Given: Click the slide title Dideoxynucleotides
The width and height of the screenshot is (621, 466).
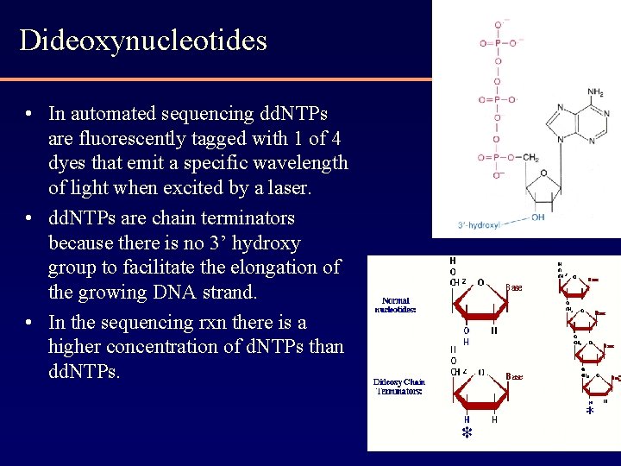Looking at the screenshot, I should tap(143, 41).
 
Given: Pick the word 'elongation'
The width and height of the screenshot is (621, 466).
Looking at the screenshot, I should tap(294, 268).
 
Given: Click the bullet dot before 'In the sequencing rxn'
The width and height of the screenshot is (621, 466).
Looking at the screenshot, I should tap(29, 323).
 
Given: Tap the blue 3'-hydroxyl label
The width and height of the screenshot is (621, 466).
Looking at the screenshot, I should tap(480, 225).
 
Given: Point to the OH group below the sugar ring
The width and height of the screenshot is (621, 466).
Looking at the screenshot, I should tap(538, 217).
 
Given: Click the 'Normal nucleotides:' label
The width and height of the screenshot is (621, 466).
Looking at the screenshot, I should tap(396, 305).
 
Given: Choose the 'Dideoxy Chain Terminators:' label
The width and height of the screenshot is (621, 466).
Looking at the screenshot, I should tap(398, 386).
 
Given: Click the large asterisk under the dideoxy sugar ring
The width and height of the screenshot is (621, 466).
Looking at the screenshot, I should tap(467, 431).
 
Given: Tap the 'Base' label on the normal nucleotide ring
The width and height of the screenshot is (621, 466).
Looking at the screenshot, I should tap(514, 287).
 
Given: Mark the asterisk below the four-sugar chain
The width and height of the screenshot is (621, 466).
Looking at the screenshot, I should tap(590, 412).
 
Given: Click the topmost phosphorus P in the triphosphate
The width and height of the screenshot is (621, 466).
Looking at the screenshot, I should tap(497, 42).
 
